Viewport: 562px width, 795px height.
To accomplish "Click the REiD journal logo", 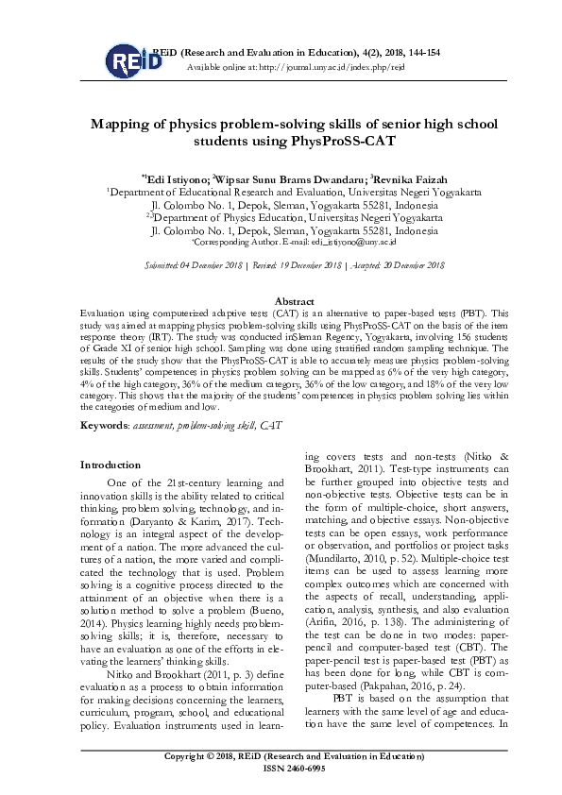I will tap(128, 61).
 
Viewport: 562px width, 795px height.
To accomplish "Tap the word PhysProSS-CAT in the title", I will tap(340, 142).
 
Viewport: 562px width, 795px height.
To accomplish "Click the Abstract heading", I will tap(280, 300).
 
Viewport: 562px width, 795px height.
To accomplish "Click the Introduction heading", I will tap(111, 465).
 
